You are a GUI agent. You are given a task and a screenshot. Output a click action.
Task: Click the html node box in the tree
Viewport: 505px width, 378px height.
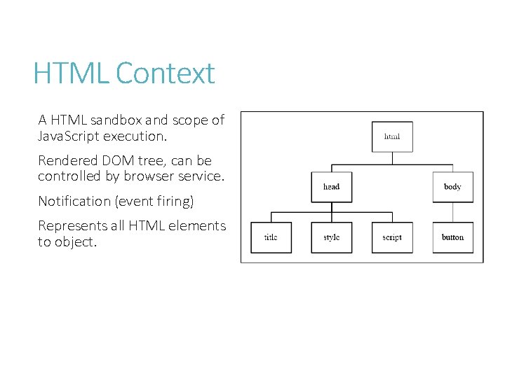392,136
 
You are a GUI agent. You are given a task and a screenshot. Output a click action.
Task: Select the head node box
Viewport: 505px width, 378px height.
332,187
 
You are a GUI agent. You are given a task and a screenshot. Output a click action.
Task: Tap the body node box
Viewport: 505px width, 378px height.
452,187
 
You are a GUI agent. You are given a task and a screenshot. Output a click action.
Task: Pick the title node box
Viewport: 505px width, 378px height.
271,237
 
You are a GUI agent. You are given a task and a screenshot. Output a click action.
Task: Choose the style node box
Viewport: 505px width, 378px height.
332,237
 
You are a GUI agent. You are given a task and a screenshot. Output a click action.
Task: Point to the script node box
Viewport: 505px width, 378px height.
392,237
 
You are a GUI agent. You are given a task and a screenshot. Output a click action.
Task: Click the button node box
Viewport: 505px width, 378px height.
452,237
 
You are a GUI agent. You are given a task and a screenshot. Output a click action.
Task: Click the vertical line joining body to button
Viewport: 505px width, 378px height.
452,212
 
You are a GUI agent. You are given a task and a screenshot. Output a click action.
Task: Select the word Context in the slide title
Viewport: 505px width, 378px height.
166,73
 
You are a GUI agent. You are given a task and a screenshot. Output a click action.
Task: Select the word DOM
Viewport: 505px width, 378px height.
116,160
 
